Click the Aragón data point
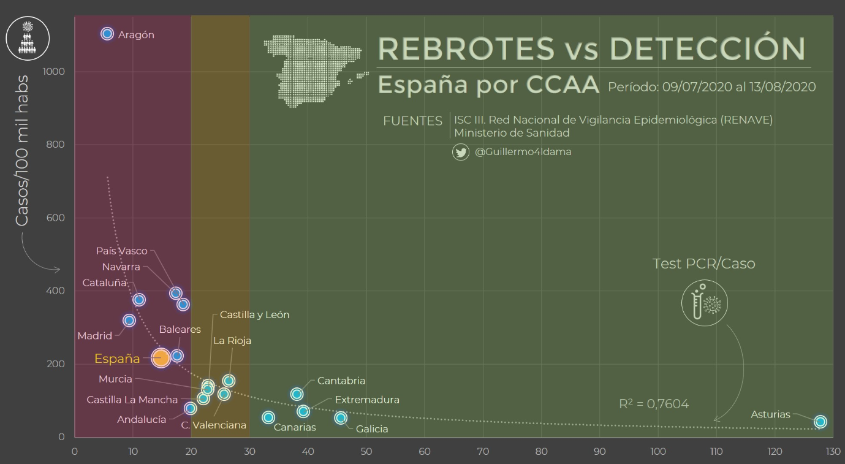(x=107, y=34)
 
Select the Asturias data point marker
(x=820, y=422)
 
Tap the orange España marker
(x=161, y=358)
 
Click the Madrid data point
(x=129, y=321)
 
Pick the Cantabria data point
(x=297, y=394)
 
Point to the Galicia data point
(x=341, y=418)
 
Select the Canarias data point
(x=268, y=417)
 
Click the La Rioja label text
(x=232, y=341)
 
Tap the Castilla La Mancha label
(x=132, y=400)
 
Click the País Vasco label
(x=121, y=251)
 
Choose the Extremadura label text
(x=367, y=400)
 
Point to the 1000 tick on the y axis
(x=54, y=72)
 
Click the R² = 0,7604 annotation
(x=654, y=404)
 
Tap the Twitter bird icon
(x=461, y=152)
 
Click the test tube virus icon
(x=705, y=303)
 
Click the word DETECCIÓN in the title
(x=707, y=48)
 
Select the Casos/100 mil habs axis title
(x=22, y=150)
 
